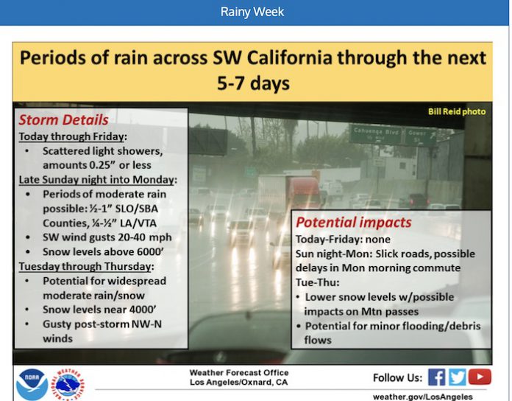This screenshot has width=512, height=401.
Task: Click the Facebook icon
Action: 436,377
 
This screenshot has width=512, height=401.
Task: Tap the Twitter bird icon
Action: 457,377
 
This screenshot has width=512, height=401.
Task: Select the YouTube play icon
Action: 480,377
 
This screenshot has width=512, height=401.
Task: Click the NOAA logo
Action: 32,384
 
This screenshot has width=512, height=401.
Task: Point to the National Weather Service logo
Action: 68,385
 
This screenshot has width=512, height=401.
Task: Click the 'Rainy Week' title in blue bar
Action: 252,12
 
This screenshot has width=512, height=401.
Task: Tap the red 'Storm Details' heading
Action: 63,119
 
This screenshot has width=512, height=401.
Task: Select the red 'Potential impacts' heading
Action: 353,223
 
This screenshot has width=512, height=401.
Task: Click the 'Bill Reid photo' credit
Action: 457,111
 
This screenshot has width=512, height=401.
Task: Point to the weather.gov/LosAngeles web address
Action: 423,397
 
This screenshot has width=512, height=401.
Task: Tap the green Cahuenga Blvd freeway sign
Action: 376,134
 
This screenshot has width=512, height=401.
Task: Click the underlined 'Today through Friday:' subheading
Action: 73,136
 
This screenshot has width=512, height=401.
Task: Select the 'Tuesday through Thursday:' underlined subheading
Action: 86,266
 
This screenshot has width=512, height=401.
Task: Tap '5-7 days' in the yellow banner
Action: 253,83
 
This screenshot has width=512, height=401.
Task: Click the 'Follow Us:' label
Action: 397,377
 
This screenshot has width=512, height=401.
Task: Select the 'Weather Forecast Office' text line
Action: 239,372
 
